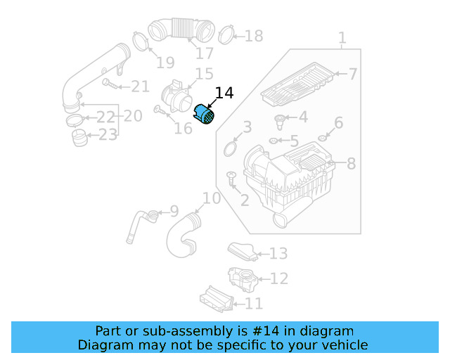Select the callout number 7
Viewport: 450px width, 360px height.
[352, 74]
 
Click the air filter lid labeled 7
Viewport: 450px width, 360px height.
[298, 82]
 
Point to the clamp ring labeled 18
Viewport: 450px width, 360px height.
[226, 34]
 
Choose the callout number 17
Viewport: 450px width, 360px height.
[204, 53]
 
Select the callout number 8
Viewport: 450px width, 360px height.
[351, 164]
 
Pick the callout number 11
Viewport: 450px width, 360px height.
[253, 304]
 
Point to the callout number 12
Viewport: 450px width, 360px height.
[278, 279]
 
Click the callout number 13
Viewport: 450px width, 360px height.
[278, 254]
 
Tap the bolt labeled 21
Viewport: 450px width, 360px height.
[110, 84]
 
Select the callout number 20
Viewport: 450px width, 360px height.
[133, 114]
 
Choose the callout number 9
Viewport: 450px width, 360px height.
[174, 211]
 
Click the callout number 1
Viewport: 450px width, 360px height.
[342, 37]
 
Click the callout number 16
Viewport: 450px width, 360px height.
[183, 129]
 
